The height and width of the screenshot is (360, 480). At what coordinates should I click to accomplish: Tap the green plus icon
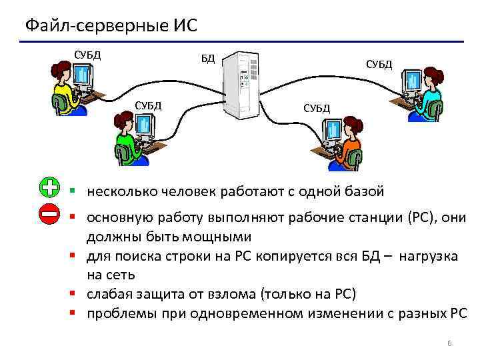tap(49, 189)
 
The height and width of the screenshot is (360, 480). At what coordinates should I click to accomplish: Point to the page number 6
tap(449, 343)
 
